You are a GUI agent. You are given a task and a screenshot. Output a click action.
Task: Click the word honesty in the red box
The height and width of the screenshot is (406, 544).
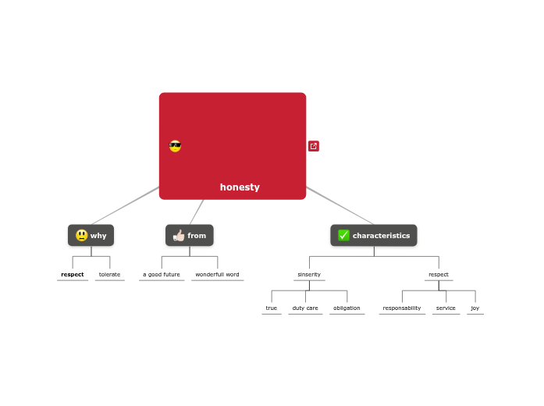pos(240,187)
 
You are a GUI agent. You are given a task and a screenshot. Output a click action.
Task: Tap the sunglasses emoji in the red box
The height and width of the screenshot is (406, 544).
pos(175,146)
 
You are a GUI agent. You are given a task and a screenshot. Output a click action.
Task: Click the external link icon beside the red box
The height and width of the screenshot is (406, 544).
pos(314,146)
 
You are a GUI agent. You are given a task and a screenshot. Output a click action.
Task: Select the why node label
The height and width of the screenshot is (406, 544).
pos(98,236)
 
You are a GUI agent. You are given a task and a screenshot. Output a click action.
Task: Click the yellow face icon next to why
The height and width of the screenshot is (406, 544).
pos(81,236)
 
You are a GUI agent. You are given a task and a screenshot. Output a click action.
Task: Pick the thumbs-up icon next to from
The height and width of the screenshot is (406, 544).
pos(178,236)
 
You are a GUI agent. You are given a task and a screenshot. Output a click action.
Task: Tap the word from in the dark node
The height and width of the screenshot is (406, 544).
pos(197,236)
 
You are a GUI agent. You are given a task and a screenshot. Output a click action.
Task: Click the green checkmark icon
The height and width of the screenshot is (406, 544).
pos(343,236)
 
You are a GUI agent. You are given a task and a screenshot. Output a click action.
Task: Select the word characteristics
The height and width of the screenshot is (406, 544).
pos(381,236)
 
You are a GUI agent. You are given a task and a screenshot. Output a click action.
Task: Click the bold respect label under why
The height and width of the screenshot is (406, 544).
pos(73,275)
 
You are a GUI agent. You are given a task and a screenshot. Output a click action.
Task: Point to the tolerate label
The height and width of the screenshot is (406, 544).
pos(110,275)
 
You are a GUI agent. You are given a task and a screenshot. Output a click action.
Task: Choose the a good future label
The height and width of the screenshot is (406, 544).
pos(162,275)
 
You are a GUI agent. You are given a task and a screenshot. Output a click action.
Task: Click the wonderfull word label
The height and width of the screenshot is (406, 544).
pos(217,275)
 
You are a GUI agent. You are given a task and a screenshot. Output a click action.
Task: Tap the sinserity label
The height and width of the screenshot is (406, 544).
pos(309,275)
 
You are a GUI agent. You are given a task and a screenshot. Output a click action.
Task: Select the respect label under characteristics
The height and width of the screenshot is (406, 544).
pos(439,275)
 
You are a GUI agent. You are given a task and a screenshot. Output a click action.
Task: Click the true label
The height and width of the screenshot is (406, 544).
pos(272,308)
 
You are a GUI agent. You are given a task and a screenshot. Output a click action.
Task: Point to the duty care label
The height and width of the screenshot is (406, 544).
pos(305,308)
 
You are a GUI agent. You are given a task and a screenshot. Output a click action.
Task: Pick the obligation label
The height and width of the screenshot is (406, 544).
pos(347,308)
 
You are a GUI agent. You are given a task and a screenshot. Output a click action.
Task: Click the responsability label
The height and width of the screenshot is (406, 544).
pos(402,308)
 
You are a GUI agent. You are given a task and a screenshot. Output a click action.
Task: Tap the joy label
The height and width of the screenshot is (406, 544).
pos(475,308)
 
